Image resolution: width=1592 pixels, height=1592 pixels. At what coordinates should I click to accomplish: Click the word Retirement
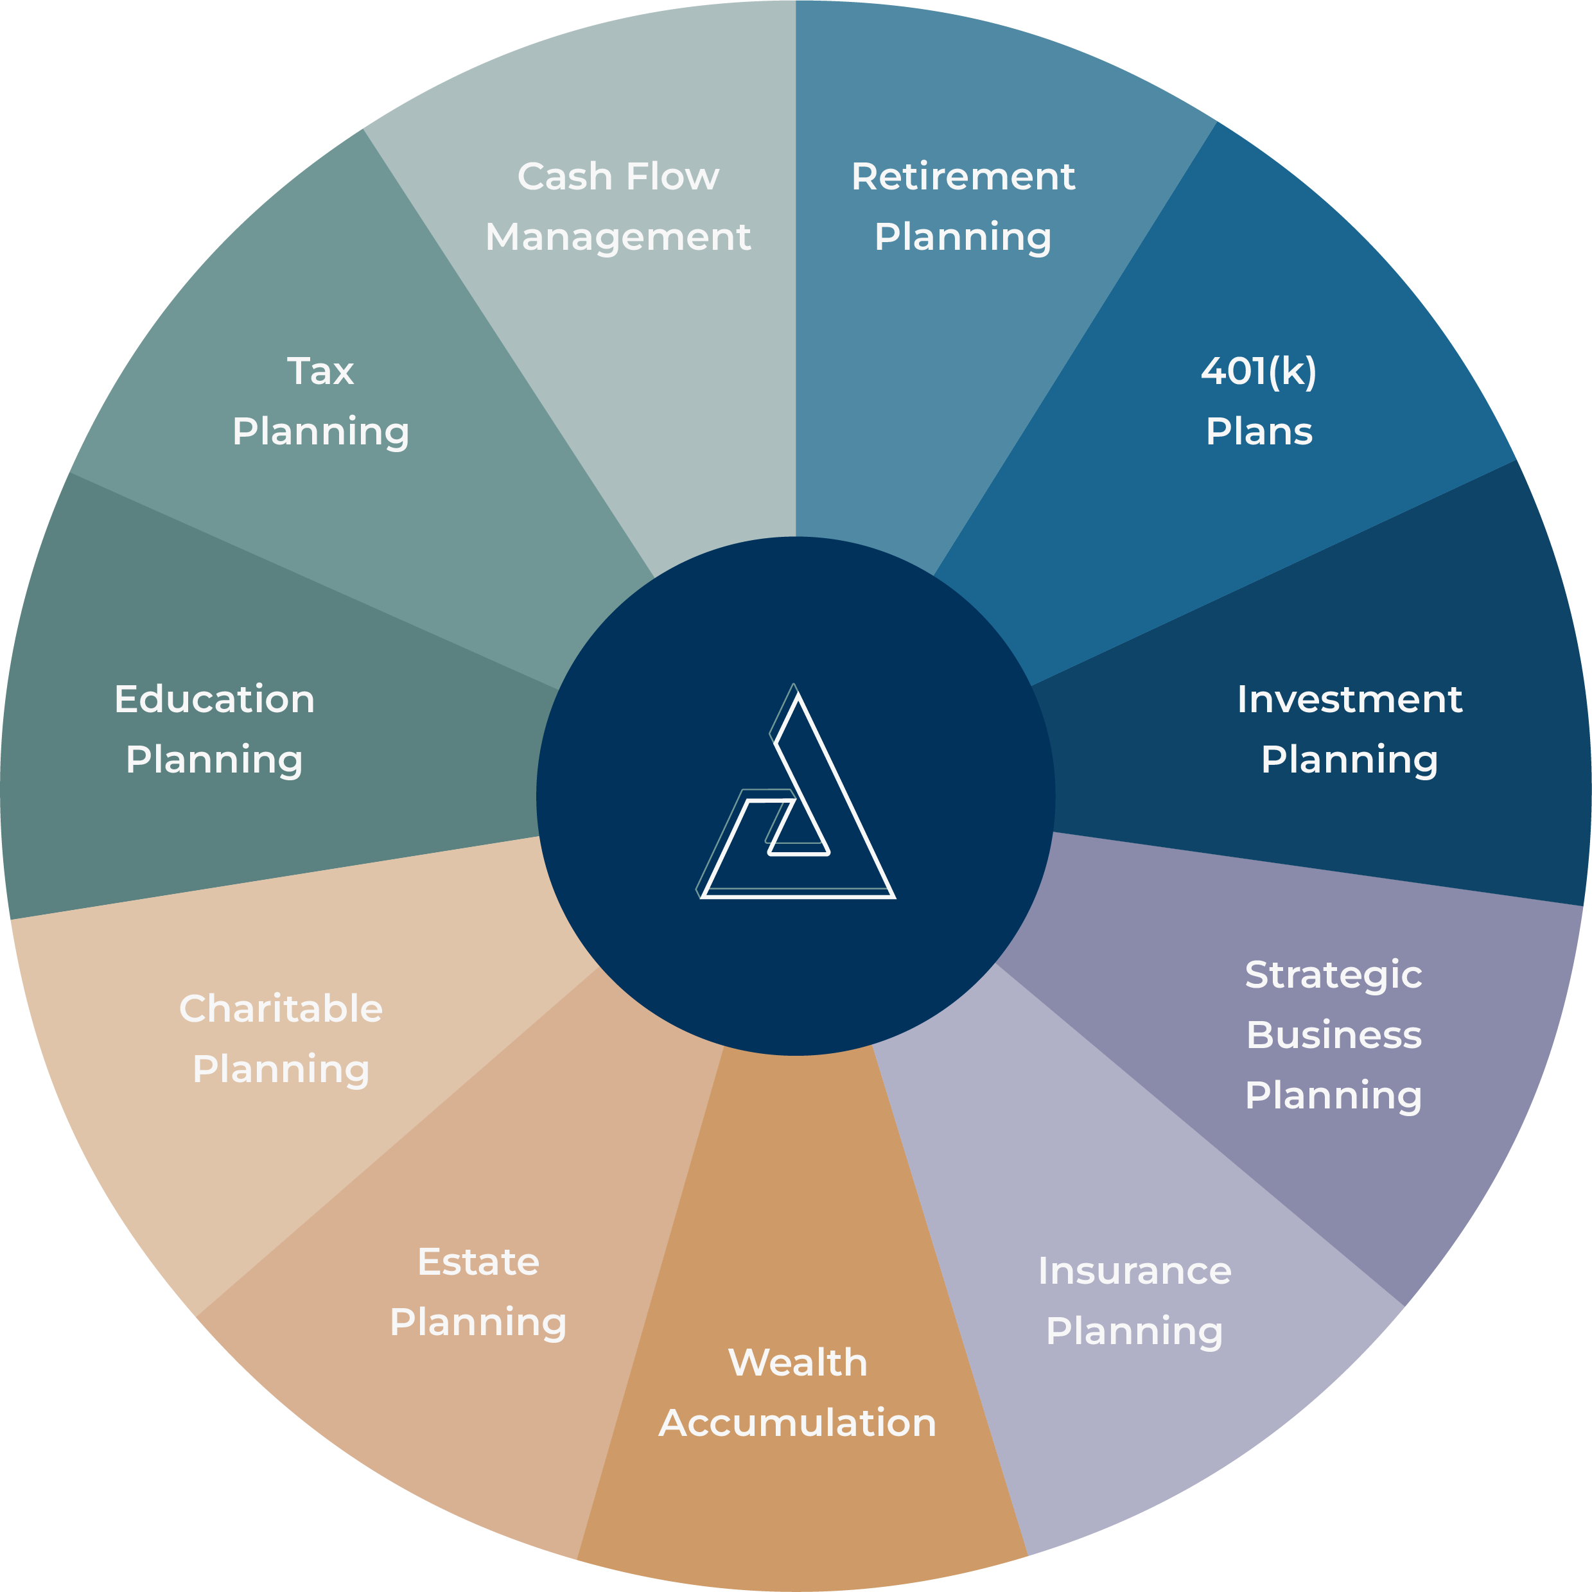[x=963, y=177]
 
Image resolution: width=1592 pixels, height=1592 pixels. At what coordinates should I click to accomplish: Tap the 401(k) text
[x=1258, y=372]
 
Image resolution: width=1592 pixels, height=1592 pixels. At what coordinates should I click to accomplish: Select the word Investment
[x=1349, y=699]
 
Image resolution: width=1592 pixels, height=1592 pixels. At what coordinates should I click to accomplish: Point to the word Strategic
[x=1333, y=975]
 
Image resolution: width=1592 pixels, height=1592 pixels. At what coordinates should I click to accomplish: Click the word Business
[x=1333, y=1035]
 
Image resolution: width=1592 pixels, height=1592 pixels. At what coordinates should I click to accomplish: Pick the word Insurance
[x=1134, y=1271]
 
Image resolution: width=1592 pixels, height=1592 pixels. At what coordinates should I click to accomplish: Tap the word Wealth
[x=798, y=1363]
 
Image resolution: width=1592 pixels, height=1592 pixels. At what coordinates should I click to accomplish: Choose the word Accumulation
[x=798, y=1423]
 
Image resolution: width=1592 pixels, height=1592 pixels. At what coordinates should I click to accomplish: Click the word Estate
[x=478, y=1261]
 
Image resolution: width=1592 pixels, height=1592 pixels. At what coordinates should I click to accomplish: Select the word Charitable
[x=281, y=1009]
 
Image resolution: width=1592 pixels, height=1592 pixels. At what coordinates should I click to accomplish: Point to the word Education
[x=214, y=699]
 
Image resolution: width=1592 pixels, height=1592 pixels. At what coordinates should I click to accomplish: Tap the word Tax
[x=320, y=372]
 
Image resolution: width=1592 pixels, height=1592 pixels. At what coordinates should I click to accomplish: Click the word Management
[x=618, y=238]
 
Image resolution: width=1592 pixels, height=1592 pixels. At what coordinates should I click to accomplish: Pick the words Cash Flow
[x=618, y=177]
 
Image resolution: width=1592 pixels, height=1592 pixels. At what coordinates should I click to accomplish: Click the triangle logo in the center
[x=796, y=803]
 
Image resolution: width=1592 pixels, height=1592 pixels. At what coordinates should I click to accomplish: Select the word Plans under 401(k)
[x=1258, y=432]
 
